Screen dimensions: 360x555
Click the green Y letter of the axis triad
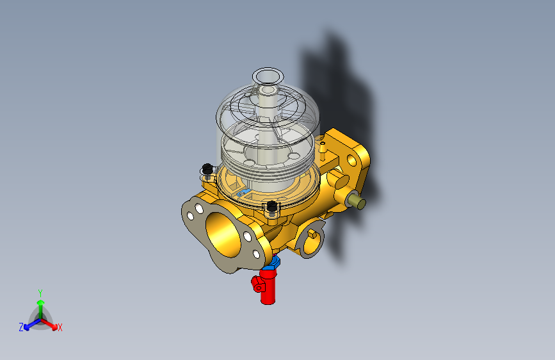40,292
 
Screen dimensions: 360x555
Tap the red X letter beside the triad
60,327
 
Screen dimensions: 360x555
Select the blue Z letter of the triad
21,327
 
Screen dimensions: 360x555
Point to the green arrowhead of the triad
40,302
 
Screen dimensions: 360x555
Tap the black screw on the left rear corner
207,169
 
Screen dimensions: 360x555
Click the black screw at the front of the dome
272,206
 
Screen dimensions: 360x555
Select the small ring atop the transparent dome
268,76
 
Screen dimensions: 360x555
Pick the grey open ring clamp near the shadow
311,240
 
